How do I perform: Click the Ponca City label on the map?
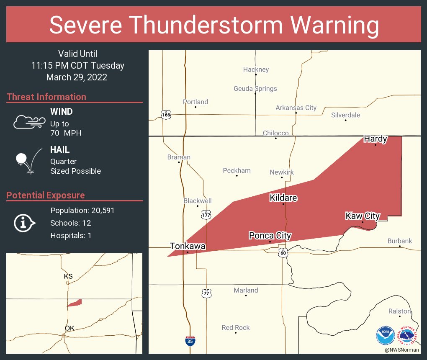pos(270,236)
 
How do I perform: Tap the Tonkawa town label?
pos(188,246)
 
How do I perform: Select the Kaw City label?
pos(363,216)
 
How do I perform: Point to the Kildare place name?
pos(283,198)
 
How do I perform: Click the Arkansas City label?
pos(296,108)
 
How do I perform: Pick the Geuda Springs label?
pos(255,89)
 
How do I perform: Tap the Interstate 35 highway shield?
pos(190,341)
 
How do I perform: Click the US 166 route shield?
pos(166,114)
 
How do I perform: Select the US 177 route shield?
pos(206,215)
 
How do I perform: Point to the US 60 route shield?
pos(283,252)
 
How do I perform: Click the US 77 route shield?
pos(206,293)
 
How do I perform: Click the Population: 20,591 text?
pos(82,211)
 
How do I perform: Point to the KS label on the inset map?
pos(68,276)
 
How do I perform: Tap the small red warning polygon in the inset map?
pos(75,303)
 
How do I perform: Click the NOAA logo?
pos(385,335)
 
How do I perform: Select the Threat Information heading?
pos(46,97)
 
